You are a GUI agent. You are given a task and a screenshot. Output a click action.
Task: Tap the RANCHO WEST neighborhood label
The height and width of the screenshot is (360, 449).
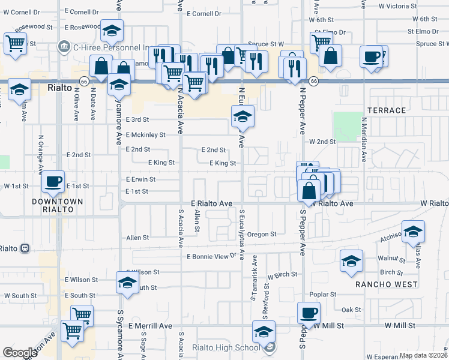point(385,284)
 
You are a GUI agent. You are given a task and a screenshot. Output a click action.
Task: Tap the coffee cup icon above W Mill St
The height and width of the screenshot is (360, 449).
point(309,313)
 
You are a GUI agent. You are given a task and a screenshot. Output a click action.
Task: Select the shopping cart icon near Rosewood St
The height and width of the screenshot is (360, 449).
point(15,43)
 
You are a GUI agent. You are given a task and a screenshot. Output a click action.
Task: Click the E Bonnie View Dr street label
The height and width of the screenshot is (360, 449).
point(211,256)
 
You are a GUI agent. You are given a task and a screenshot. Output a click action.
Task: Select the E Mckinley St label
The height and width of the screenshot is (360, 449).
point(145,134)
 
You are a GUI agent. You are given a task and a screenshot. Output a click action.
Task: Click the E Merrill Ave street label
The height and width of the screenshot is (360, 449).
point(150,326)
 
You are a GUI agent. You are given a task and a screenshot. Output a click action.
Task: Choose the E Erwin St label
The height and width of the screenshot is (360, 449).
point(140,179)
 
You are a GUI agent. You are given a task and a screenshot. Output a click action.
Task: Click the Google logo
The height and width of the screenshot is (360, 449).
point(20,352)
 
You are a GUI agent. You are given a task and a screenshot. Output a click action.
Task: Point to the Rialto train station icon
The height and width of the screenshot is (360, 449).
point(25,248)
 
